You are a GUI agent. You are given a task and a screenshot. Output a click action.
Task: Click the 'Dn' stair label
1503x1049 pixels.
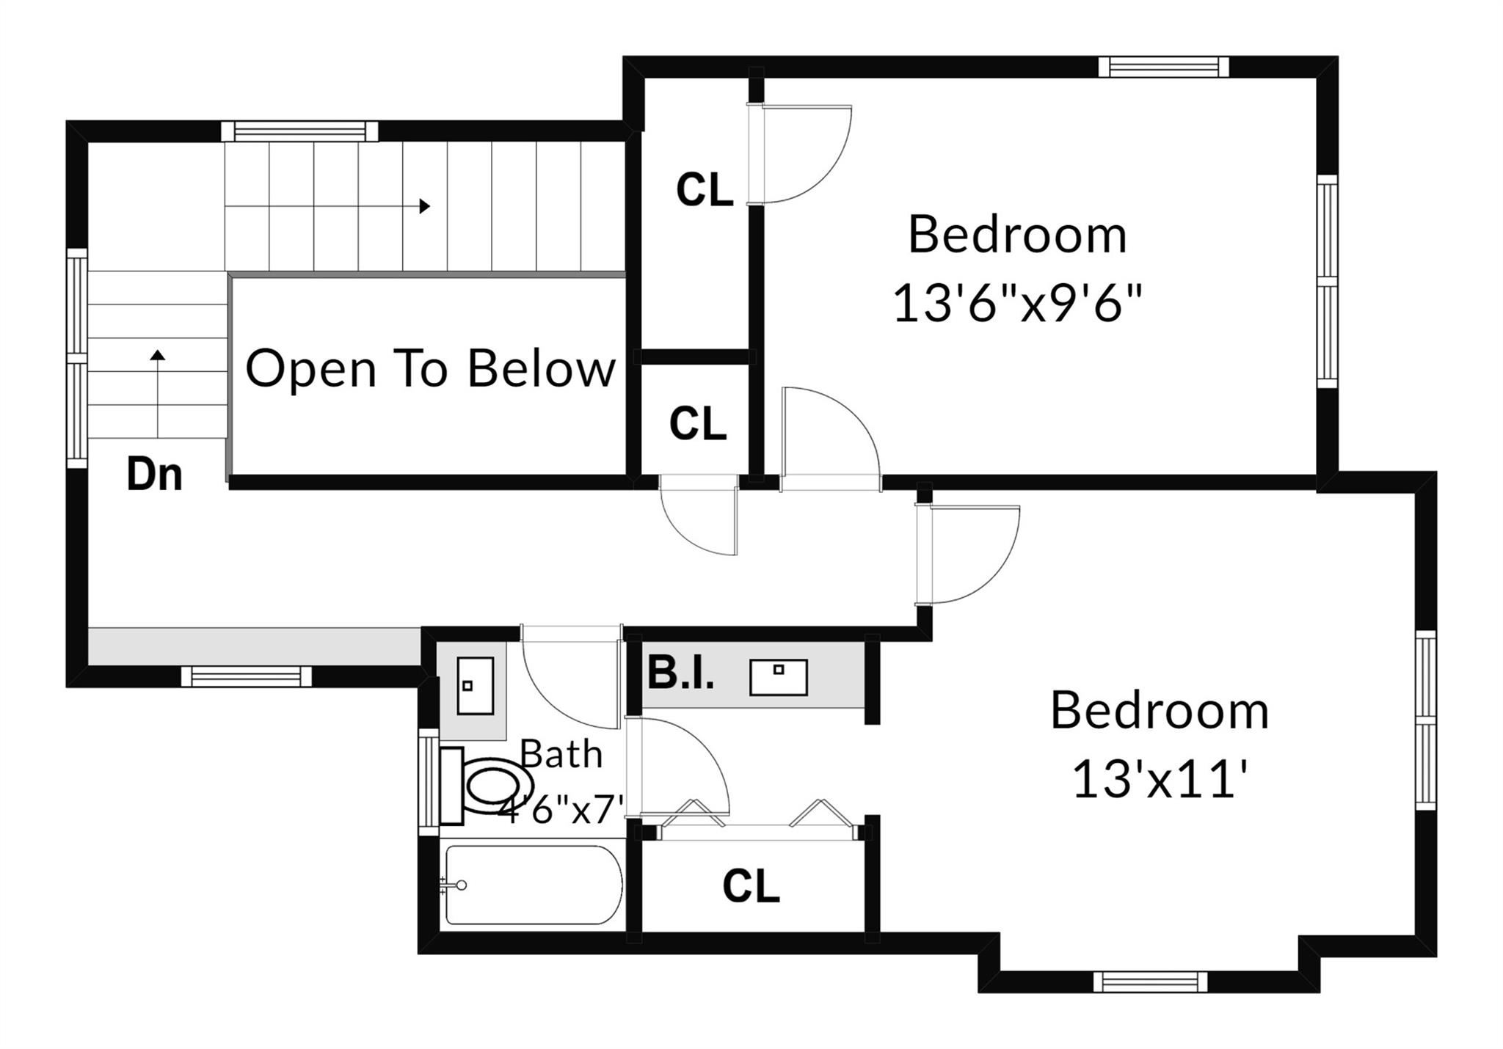click(154, 475)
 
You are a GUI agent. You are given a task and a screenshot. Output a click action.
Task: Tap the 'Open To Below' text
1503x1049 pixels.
click(430, 368)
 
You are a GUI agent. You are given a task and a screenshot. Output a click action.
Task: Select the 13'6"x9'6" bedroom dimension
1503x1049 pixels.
click(1017, 303)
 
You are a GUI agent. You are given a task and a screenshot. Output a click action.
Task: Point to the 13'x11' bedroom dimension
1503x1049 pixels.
click(1160, 778)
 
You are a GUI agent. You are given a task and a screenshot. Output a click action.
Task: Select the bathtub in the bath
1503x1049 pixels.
click(534, 885)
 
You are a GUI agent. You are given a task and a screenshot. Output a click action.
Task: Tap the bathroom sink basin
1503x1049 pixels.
click(475, 685)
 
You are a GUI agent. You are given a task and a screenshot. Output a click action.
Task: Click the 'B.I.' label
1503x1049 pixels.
click(680, 674)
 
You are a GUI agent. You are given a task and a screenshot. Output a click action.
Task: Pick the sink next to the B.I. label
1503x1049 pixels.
click(778, 676)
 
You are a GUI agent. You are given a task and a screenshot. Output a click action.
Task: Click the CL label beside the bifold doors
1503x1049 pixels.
click(751, 886)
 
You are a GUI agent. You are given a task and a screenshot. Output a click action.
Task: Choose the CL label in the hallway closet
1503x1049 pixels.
click(697, 423)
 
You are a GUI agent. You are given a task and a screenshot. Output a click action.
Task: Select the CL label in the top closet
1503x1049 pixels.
click(705, 189)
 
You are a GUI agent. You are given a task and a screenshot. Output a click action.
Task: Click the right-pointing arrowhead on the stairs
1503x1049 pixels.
click(424, 206)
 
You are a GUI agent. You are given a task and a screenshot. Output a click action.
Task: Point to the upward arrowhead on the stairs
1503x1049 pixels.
click(158, 356)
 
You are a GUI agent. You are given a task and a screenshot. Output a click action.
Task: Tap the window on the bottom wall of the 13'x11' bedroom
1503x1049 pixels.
click(1150, 981)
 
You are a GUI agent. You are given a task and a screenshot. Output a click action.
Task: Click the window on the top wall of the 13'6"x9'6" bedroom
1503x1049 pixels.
click(1163, 67)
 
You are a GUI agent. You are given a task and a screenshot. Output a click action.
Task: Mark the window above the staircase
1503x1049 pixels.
click(299, 131)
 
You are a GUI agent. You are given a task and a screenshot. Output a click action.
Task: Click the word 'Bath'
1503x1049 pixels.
click(561, 754)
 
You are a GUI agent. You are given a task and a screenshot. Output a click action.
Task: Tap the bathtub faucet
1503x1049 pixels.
click(457, 885)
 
